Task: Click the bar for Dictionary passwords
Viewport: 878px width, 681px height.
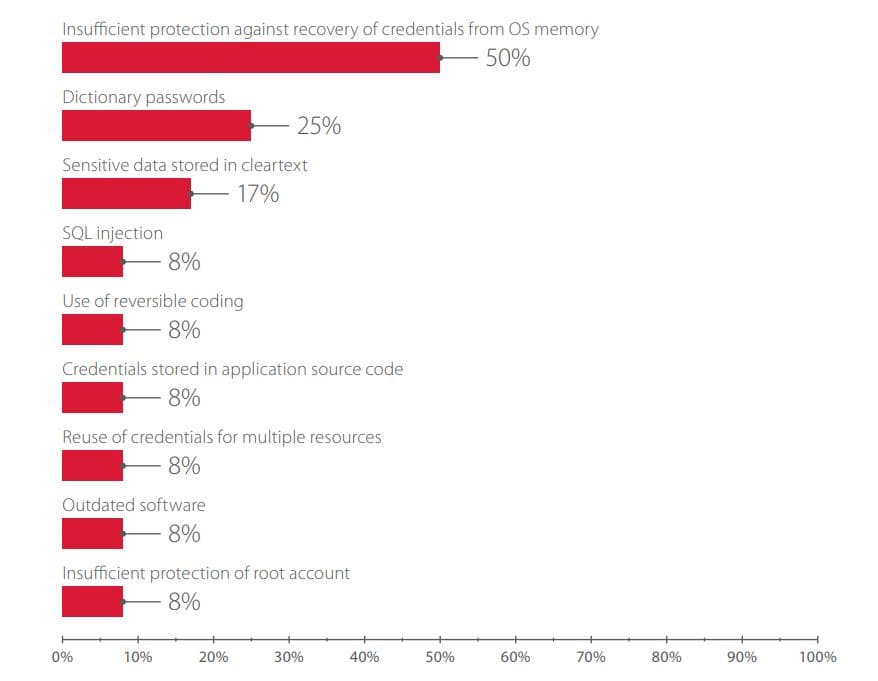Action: pos(156,125)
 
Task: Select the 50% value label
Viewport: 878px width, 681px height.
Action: pos(507,58)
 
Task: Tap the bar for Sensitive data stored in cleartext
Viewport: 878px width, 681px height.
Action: pos(126,193)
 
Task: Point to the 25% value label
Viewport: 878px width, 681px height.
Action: pos(319,126)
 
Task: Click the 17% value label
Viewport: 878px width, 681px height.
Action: pos(258,194)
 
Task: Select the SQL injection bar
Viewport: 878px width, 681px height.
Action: pos(92,261)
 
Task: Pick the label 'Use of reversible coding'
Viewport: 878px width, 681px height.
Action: pos(153,301)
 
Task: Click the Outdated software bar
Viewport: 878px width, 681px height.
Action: pos(92,533)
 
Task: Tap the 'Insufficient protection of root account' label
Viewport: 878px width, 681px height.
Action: pos(206,573)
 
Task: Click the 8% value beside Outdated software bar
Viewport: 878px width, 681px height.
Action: pos(184,534)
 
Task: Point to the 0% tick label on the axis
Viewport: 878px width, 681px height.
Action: pos(62,657)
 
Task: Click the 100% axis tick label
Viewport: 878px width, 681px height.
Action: pos(818,657)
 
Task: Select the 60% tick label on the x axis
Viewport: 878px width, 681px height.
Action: pos(515,657)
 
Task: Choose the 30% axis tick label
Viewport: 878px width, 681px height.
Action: pos(289,657)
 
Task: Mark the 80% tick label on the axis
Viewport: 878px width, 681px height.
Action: pos(666,657)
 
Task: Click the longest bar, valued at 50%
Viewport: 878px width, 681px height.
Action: pos(251,57)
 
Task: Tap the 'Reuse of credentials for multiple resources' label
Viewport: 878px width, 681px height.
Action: pos(222,437)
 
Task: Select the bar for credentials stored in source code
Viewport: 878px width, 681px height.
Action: pos(92,397)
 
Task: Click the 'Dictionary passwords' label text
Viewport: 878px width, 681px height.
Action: pos(144,97)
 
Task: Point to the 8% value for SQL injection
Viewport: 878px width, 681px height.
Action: pos(184,262)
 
